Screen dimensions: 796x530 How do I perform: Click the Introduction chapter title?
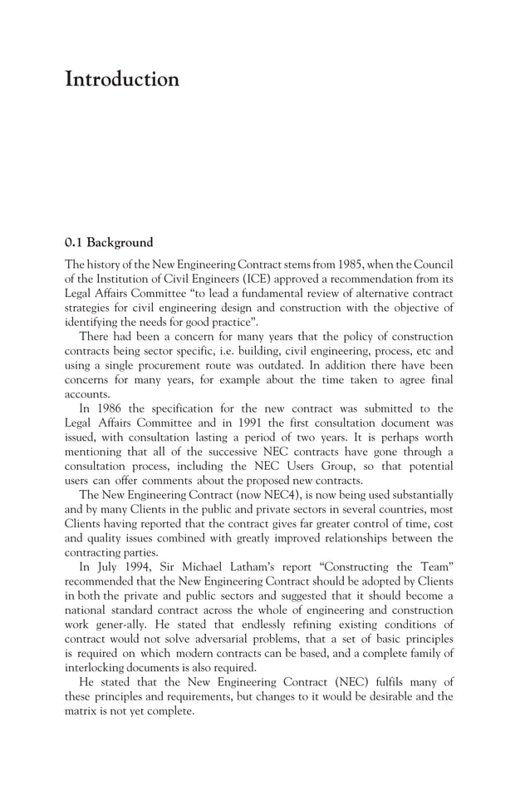122,81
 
